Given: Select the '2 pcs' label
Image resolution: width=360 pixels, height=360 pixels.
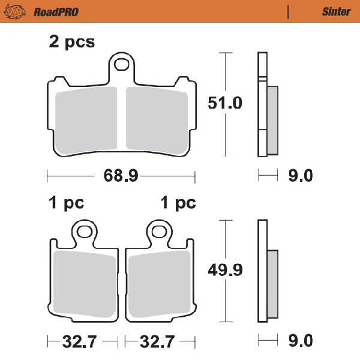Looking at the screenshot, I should tap(71, 42).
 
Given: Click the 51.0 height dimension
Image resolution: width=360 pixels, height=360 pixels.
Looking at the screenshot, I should tap(226, 103).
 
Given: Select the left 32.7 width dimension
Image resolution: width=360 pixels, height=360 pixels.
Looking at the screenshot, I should tap(80, 343).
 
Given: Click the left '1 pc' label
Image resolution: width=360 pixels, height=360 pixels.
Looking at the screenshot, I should tap(66, 203).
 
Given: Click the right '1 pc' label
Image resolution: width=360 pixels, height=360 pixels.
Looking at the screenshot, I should tap(178, 203).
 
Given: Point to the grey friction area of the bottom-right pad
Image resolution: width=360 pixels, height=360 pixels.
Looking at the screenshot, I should tap(159, 284).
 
